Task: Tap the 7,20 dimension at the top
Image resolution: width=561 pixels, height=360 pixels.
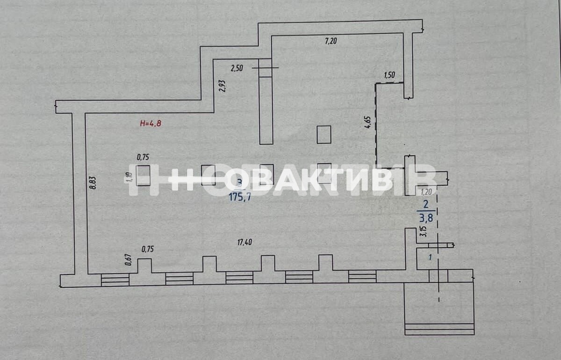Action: pos(331,41)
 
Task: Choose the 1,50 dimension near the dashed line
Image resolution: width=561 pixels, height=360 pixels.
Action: pos(390,75)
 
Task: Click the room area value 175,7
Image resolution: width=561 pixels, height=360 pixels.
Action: pos(240,197)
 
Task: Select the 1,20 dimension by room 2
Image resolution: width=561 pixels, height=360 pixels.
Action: pos(426,191)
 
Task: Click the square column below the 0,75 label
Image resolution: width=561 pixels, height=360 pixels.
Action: pos(143,175)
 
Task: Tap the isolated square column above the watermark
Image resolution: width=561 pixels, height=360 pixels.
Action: pos(324,135)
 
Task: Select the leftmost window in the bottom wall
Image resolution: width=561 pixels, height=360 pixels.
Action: pos(115,279)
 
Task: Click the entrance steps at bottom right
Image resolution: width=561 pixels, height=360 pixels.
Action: pos(439,328)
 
